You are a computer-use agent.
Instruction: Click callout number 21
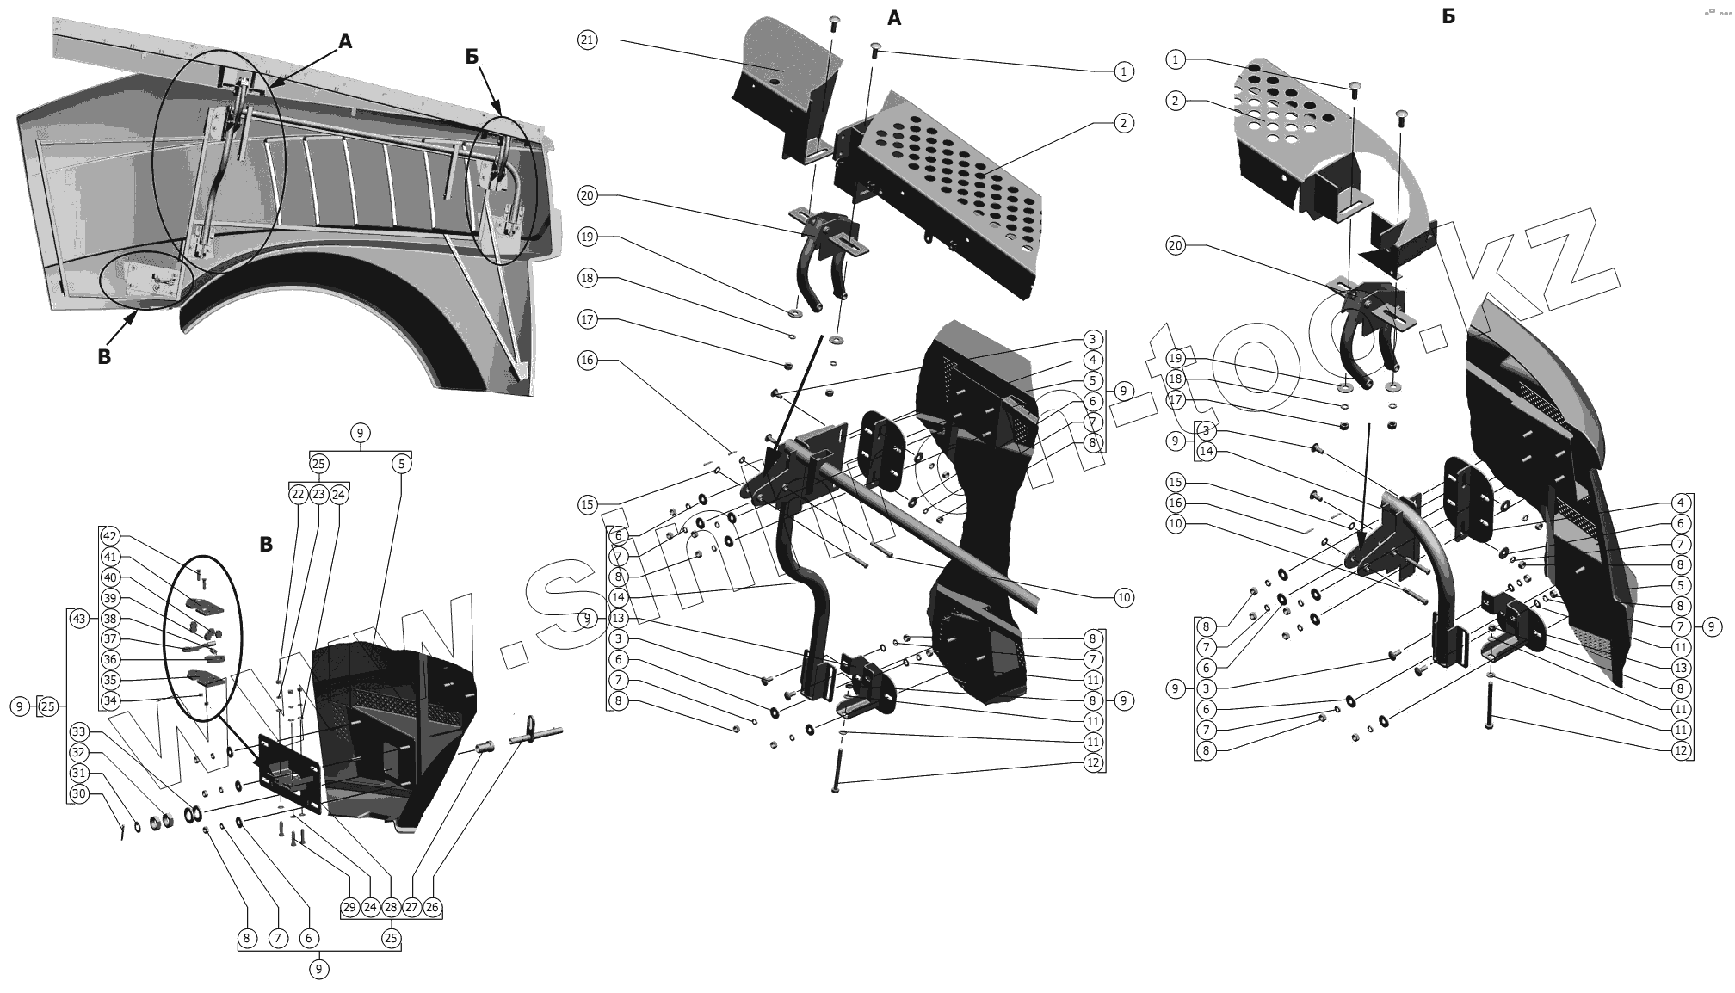click(x=587, y=40)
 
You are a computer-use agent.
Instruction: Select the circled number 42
click(x=110, y=536)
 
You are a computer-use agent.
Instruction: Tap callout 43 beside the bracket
click(x=78, y=619)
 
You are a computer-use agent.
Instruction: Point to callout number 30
click(x=78, y=793)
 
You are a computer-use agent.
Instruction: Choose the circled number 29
click(x=349, y=907)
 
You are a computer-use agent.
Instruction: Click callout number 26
click(x=432, y=907)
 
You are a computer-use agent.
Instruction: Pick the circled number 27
click(x=411, y=907)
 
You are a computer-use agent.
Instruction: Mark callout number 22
click(x=298, y=495)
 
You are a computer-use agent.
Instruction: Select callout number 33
click(x=78, y=731)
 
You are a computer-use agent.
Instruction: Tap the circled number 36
click(x=110, y=660)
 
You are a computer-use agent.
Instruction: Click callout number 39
click(x=110, y=598)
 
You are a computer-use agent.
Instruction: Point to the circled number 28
click(x=391, y=907)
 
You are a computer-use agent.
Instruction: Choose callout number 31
click(x=78, y=773)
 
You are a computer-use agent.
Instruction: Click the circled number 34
click(x=110, y=701)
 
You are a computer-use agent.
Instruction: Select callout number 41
click(x=110, y=557)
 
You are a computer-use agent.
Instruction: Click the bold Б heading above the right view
click(x=1448, y=16)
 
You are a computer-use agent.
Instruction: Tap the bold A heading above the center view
click(x=894, y=18)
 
